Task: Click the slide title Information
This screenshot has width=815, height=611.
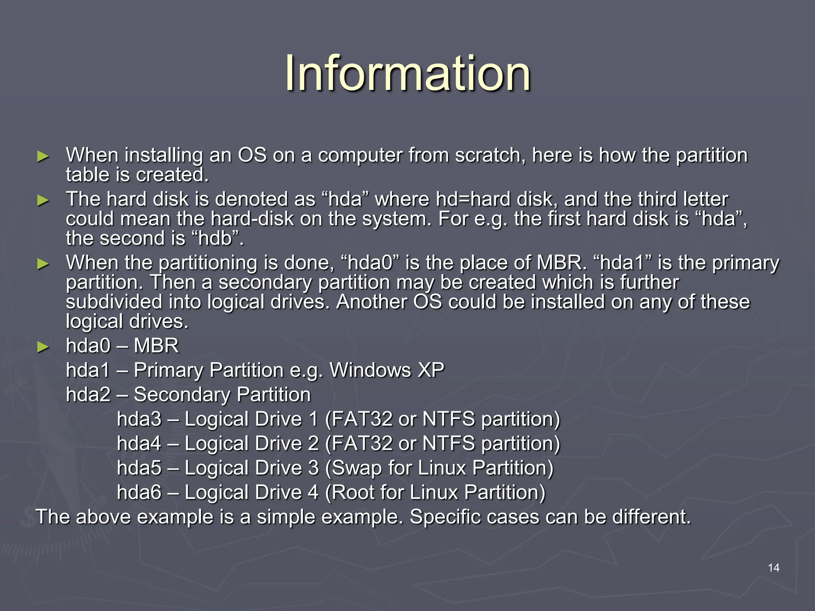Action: coord(407,74)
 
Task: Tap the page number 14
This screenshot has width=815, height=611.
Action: coord(773,568)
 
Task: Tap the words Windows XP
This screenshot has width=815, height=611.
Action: coord(387,370)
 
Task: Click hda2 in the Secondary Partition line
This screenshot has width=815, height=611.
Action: coord(88,395)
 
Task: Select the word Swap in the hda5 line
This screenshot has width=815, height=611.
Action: coord(357,468)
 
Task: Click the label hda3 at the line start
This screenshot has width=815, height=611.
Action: coord(139,419)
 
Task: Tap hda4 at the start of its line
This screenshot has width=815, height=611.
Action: coord(139,444)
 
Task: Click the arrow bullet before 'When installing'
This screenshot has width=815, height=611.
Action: coord(43,156)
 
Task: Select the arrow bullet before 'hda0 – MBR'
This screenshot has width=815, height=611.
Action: coord(43,347)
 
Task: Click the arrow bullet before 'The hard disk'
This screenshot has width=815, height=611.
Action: coord(43,200)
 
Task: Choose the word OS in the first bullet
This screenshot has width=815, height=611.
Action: coord(252,155)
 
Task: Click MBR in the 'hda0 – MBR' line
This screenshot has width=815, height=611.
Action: coord(156,346)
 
